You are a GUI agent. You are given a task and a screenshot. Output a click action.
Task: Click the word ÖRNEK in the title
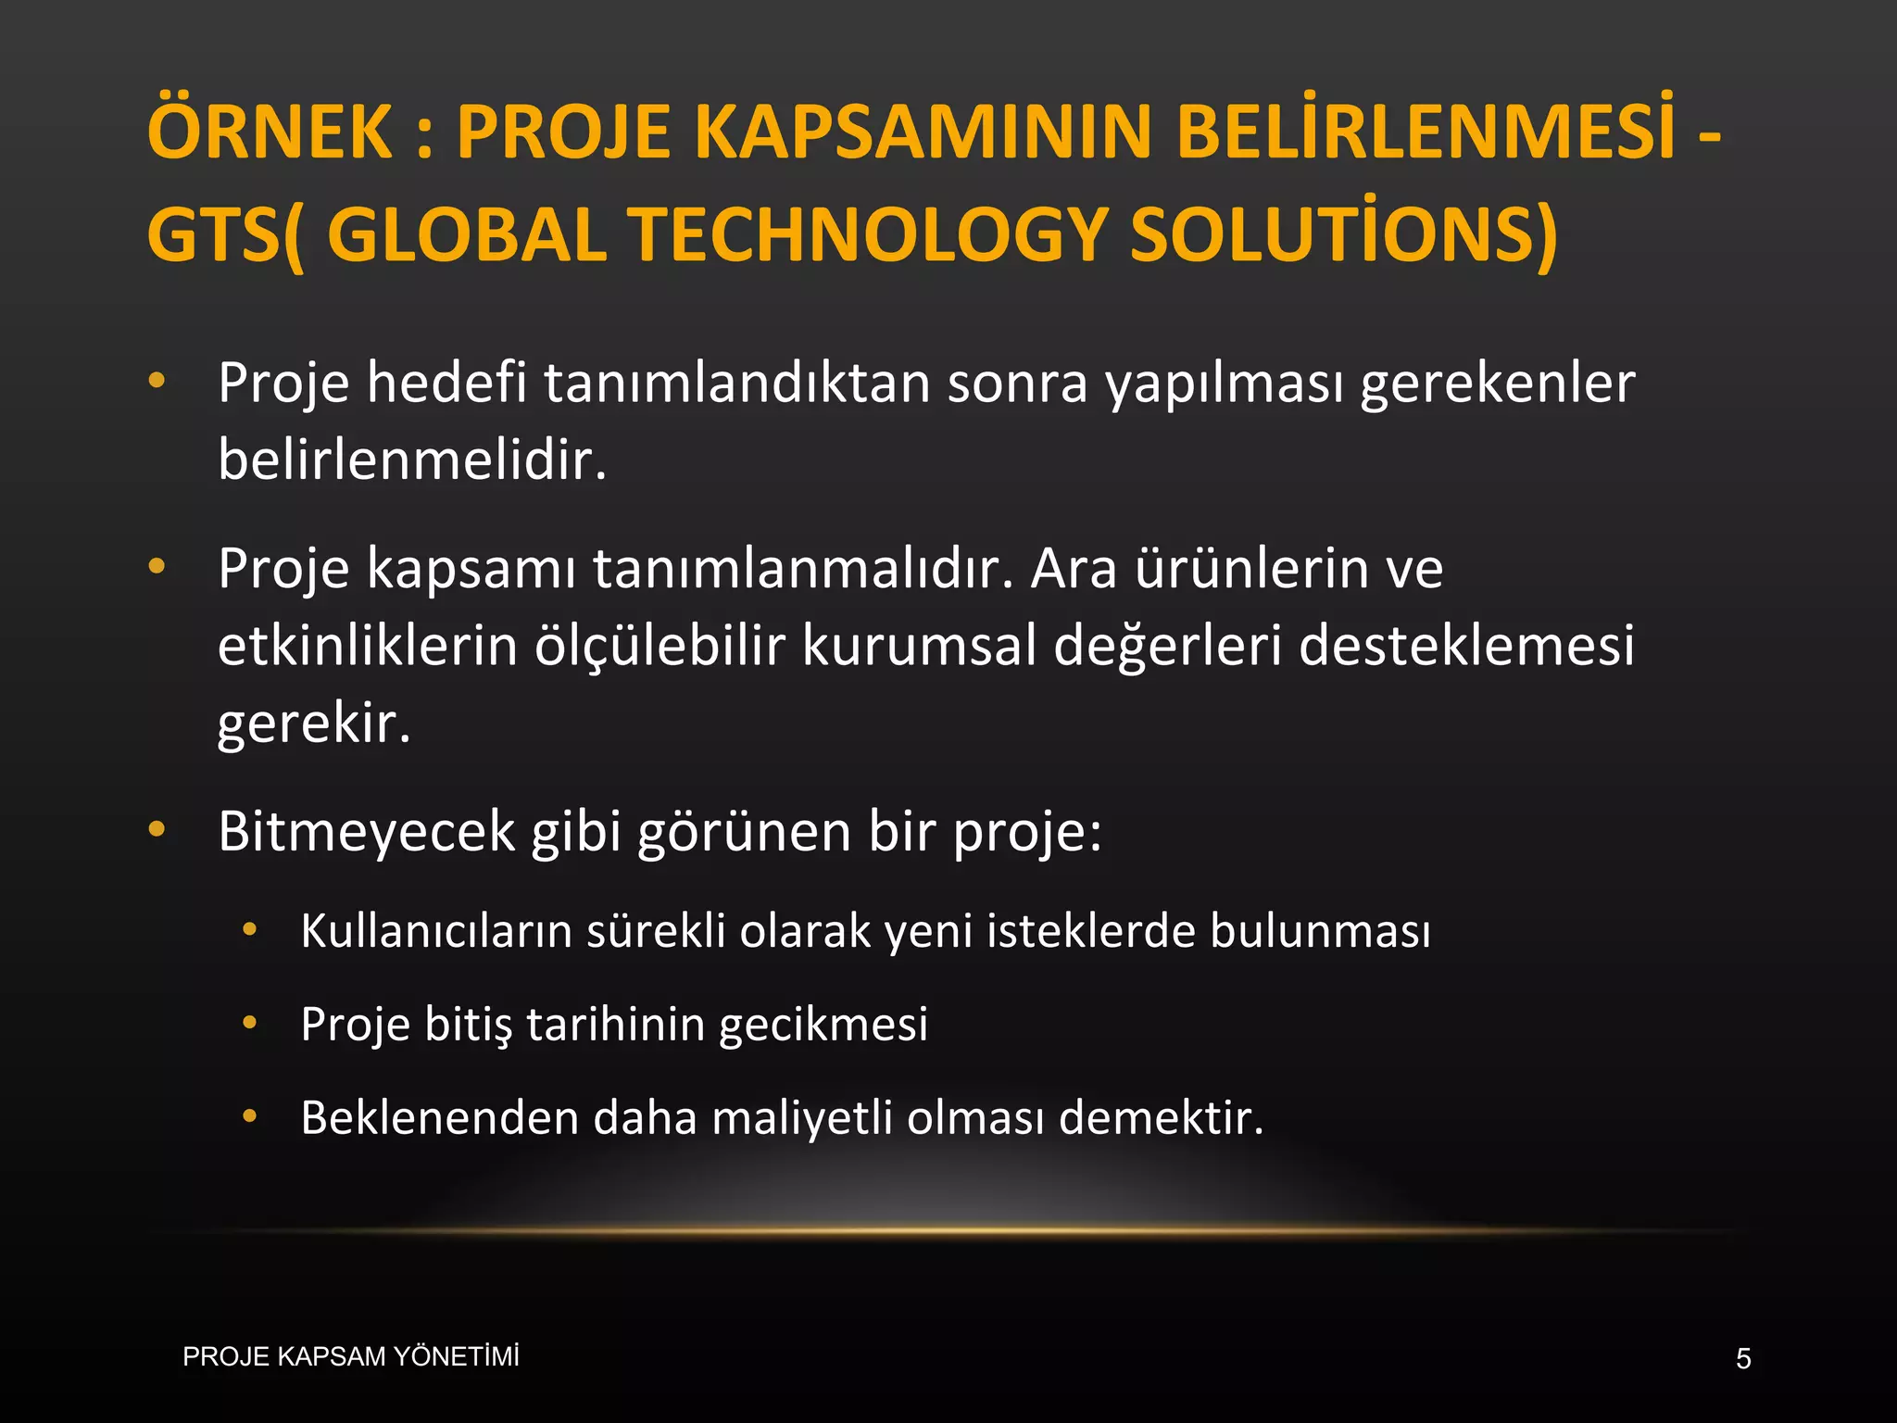270,132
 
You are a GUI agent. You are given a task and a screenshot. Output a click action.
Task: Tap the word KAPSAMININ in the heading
925,132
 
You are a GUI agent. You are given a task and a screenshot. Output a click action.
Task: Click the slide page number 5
1743,1359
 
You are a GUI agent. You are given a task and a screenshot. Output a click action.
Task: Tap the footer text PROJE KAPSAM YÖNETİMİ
351,1357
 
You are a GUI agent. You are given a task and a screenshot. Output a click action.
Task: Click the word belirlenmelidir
412,460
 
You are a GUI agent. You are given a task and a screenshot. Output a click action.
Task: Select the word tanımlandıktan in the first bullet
736,383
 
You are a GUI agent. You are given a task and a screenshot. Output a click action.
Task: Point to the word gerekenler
1497,383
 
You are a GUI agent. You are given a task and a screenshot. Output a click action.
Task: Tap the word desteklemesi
1466,646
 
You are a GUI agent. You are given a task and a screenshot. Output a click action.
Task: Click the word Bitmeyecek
366,831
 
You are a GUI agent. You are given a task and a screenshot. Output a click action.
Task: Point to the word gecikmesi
823,1025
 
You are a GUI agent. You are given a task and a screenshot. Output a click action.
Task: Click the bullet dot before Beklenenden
249,1116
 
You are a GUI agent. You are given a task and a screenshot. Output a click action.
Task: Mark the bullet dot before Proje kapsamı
157,566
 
